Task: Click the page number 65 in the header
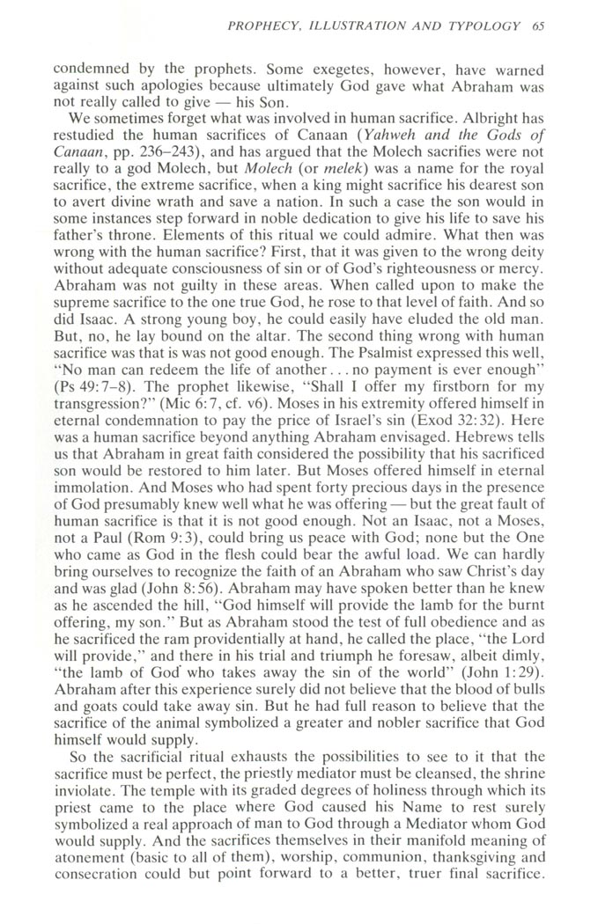538,25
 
